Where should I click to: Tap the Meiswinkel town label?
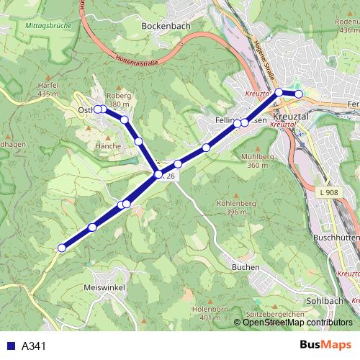tap(104, 287)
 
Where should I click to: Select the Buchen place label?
tap(246, 267)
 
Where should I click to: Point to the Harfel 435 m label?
tap(47, 89)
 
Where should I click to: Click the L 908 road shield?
tap(326, 192)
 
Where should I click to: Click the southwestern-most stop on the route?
tap(62, 248)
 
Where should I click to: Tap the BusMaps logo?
tap(325, 346)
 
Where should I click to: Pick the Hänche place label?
tap(108, 145)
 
